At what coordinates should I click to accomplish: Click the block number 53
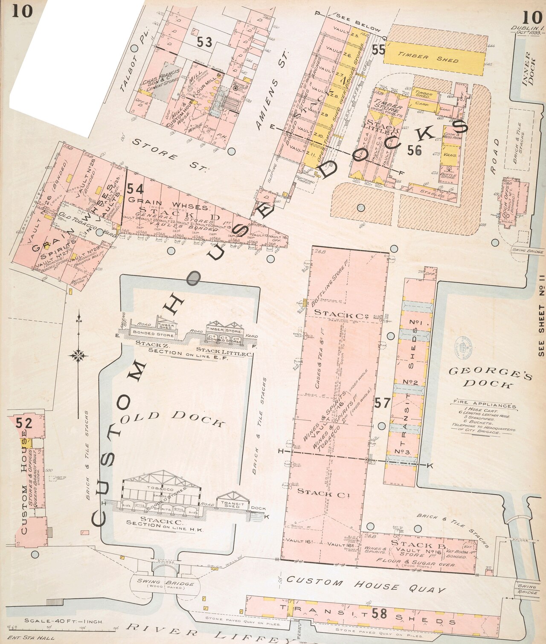point(205,42)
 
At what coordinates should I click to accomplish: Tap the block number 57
point(383,403)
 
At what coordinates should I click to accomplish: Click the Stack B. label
point(418,545)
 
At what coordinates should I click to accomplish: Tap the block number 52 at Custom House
point(24,423)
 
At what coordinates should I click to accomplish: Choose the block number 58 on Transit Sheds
point(379,614)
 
